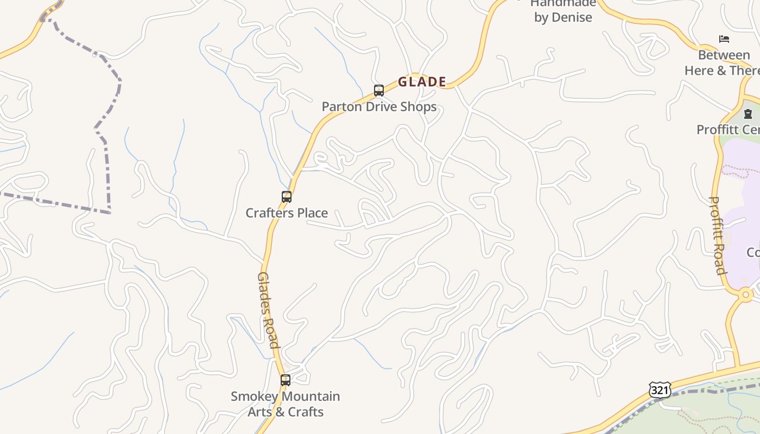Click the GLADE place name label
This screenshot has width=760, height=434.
pos(422,82)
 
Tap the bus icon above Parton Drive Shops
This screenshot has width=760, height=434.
pos(379,90)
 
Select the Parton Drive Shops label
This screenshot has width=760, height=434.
pos(379,106)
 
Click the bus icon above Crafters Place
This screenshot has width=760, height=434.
pos(287,197)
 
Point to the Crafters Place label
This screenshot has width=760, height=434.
pos(287,213)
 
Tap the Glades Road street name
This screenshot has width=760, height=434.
pos(268,310)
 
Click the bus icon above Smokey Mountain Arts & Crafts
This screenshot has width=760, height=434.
pos(286,380)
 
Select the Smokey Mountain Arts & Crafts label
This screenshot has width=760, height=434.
pos(286,404)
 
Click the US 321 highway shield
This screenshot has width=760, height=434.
pos(660,390)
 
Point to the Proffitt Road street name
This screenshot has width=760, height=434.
pos(718,235)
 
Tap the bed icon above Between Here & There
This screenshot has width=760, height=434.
pos(724,39)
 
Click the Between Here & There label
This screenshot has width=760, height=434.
pos(723,63)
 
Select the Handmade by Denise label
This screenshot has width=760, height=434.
pos(563,10)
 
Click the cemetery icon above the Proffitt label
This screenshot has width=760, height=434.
pos(748,114)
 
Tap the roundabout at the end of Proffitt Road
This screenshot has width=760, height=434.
pos(746,295)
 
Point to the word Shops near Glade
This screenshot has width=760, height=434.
pos(417,106)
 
